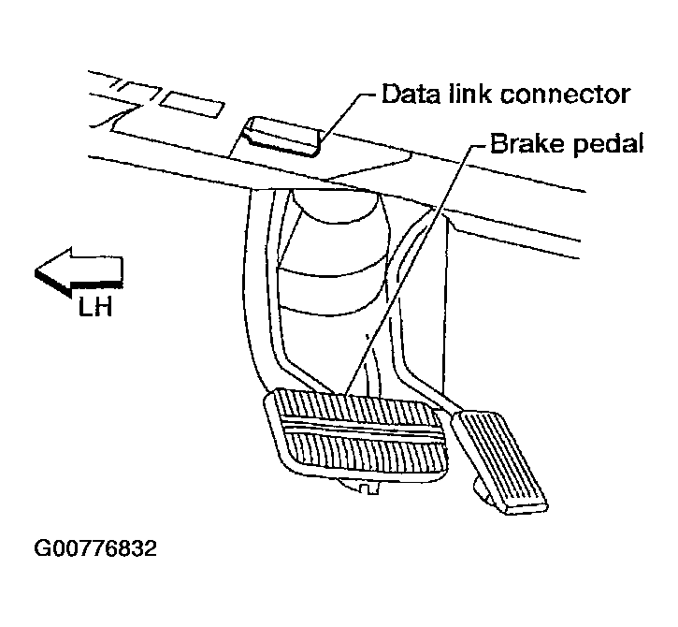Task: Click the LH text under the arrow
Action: (x=94, y=306)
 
